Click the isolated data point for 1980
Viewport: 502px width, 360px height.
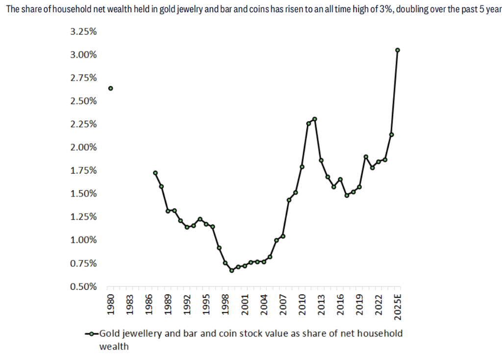(111, 88)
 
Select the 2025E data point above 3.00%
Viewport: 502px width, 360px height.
(398, 50)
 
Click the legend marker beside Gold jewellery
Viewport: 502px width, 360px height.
(92, 334)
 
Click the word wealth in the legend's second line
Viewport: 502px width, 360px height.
(114, 346)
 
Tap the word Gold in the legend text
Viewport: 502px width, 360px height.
(110, 334)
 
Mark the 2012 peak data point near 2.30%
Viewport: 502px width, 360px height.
(315, 119)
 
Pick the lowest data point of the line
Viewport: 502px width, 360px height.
(232, 270)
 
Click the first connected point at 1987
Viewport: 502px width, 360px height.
(155, 173)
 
